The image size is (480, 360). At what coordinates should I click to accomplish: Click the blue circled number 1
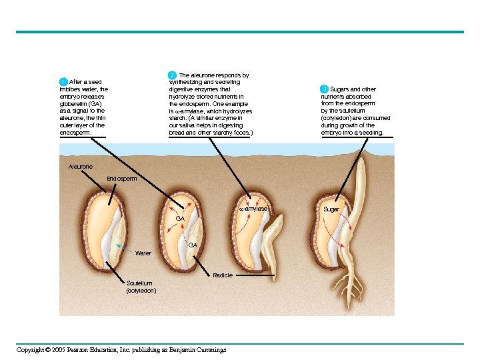[63, 82]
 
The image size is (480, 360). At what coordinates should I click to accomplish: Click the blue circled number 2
[172, 75]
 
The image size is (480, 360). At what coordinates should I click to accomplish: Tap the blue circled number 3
[324, 89]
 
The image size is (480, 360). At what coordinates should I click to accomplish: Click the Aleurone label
[81, 165]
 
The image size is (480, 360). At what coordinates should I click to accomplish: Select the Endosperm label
[122, 179]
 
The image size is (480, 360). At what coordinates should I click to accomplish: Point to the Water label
[143, 253]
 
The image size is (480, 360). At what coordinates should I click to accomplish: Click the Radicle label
[223, 275]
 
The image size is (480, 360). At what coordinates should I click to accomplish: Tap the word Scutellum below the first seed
[139, 283]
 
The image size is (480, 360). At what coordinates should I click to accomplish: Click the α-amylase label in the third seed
[253, 209]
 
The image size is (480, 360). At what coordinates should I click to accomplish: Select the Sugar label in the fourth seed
[331, 209]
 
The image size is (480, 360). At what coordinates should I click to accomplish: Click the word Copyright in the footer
[31, 350]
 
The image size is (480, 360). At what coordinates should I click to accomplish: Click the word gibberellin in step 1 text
[73, 104]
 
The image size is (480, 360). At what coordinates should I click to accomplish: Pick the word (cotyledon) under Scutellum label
[141, 291]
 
